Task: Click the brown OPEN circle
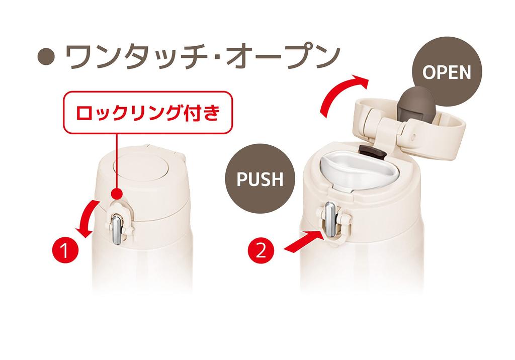[x=447, y=72]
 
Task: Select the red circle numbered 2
[x=261, y=250]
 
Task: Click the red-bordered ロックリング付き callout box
[x=148, y=113]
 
